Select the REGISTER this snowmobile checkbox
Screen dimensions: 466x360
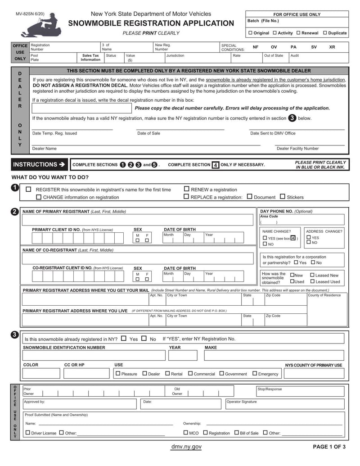point(29,190)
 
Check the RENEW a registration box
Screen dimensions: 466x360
point(186,190)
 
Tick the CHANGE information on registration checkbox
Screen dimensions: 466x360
point(39,197)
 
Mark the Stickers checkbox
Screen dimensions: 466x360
point(283,197)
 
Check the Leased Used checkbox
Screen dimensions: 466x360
point(312,281)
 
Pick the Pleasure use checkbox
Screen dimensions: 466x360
point(118,373)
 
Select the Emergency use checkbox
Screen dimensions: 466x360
point(255,373)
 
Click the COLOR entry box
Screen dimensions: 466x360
point(41,373)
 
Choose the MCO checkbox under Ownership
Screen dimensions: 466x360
point(186,433)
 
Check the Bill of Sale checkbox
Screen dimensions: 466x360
point(236,433)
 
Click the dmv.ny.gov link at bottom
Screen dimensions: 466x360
point(186,447)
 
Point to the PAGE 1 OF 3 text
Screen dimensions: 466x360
point(329,447)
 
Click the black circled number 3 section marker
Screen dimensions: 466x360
point(14,335)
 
